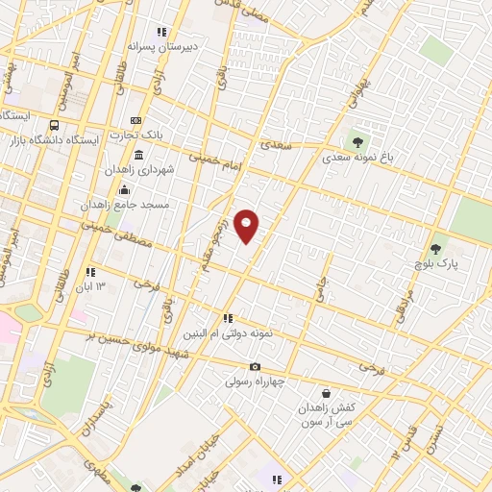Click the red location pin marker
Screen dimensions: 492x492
click(247, 226)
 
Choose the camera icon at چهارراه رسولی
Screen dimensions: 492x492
click(255, 366)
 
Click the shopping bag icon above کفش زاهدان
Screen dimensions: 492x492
click(326, 393)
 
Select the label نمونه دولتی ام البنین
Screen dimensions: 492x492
click(230, 332)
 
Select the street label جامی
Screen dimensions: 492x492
click(318, 285)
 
